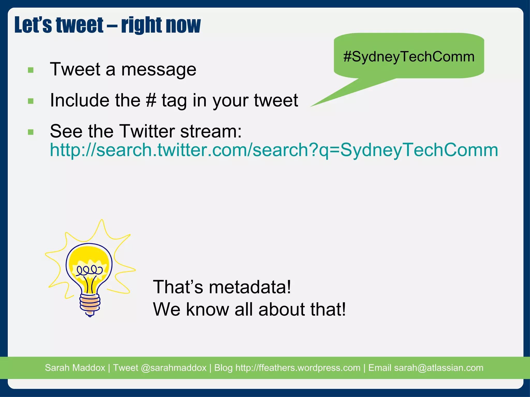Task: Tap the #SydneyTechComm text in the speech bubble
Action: [x=409, y=57]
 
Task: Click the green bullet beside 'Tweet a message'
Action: [x=31, y=70]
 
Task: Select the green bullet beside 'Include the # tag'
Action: [x=31, y=101]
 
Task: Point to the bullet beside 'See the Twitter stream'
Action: [x=31, y=132]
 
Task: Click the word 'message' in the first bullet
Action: [x=159, y=70]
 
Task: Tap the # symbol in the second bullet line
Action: [x=151, y=100]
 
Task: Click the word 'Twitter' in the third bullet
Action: [x=148, y=131]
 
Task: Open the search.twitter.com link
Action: [x=274, y=150]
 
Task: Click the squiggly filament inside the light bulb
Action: [x=90, y=270]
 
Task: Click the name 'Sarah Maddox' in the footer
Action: [x=75, y=368]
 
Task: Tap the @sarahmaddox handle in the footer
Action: [x=173, y=368]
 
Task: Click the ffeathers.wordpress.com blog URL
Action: [x=298, y=368]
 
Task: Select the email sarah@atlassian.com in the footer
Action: [x=438, y=368]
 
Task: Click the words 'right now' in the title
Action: [x=161, y=25]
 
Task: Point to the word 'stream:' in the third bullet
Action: [x=211, y=131]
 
